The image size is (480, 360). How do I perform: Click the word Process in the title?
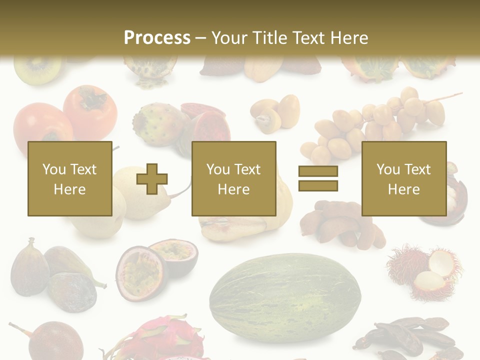tap(157, 37)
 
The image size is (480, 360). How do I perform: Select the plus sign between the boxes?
tap(152, 179)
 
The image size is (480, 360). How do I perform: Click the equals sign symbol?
tap(318, 179)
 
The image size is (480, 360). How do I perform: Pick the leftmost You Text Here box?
tap(69, 179)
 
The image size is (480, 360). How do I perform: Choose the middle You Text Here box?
tap(233, 179)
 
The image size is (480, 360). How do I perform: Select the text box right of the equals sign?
tap(403, 179)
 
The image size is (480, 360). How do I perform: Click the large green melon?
tap(285, 298)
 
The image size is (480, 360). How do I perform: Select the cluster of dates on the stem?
tap(380, 120)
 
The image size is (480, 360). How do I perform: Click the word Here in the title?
tap(349, 37)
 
